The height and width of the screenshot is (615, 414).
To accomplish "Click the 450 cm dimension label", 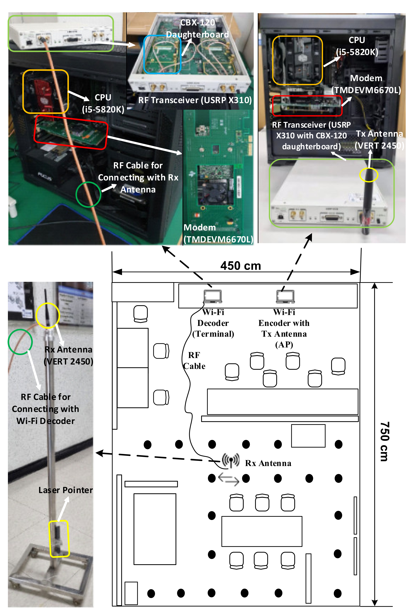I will pyautogui.click(x=241, y=266).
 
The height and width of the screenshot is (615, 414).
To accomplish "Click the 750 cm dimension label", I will pyautogui.click(x=384, y=442).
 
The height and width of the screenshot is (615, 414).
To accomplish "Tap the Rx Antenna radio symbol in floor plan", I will pyautogui.click(x=231, y=460).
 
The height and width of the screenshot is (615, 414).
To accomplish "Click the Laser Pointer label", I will pyautogui.click(x=65, y=490).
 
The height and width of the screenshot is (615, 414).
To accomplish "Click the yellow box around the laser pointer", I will pyautogui.click(x=59, y=539).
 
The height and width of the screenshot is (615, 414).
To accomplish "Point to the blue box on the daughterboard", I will pyautogui.click(x=162, y=54).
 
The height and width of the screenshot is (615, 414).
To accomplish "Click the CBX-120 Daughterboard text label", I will pyautogui.click(x=198, y=28).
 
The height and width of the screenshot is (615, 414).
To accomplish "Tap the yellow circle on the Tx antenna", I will pyautogui.click(x=369, y=175).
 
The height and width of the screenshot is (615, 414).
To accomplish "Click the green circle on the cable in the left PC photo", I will pyautogui.click(x=88, y=195).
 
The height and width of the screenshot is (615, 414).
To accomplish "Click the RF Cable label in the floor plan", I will pyautogui.click(x=194, y=360).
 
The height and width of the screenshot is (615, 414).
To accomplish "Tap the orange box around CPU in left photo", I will pyautogui.click(x=45, y=92).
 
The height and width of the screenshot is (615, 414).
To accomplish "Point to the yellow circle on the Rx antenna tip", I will pyautogui.click(x=48, y=315).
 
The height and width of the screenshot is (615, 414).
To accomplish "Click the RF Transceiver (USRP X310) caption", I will pyautogui.click(x=195, y=100).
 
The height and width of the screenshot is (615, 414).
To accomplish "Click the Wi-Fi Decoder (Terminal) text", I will pyautogui.click(x=213, y=323).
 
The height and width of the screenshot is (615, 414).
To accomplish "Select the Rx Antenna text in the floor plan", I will pyautogui.click(x=268, y=463).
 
